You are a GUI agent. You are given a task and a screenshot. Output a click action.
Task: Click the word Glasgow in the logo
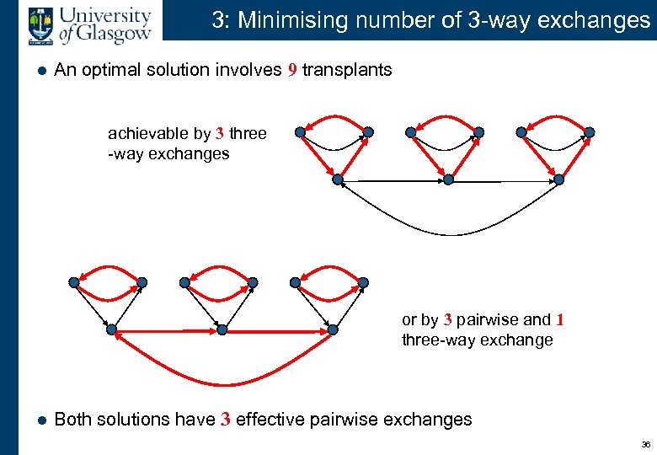pos(115,32)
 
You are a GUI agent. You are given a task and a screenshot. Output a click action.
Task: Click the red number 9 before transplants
pos(291,70)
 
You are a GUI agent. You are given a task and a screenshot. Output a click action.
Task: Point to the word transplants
pos(347,70)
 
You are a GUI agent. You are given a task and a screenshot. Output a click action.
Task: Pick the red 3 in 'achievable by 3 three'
pos(219,134)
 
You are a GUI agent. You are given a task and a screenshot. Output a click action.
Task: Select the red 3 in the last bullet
pos(226,420)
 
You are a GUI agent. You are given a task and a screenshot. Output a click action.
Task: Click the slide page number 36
pos(645,444)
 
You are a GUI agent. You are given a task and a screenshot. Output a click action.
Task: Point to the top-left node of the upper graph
pos(299,131)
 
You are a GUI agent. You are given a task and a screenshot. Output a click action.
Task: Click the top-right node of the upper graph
pos(590,131)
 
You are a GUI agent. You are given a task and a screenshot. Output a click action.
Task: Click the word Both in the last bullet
pos(73,420)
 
